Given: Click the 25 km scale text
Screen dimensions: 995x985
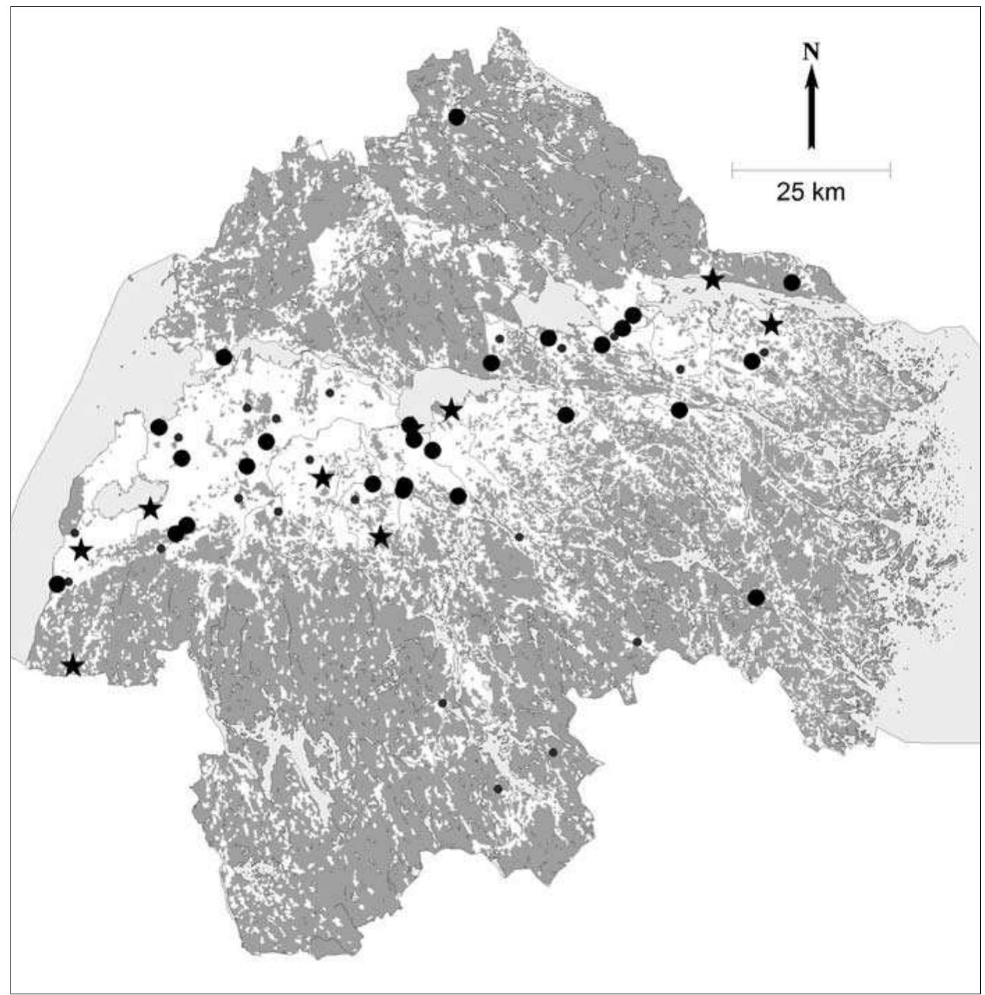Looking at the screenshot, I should [x=810, y=192].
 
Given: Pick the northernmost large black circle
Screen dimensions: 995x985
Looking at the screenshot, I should [x=456, y=117].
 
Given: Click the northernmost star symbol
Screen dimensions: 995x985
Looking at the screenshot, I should [x=712, y=280].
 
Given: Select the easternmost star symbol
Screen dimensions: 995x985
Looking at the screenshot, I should [x=770, y=325].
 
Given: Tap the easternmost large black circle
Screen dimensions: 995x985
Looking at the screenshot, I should [x=791, y=282].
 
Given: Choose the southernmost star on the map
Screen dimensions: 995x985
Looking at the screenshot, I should [x=72, y=666].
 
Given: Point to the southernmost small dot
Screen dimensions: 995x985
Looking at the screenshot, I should [x=497, y=789].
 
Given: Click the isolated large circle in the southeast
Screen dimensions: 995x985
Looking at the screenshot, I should [x=756, y=598].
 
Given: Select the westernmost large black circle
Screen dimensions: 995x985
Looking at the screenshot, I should [x=57, y=584].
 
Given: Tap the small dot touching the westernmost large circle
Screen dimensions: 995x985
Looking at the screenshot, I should [x=68, y=582].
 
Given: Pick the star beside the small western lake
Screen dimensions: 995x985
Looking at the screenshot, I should [x=150, y=509].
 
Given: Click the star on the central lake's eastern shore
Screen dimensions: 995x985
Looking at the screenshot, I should [x=451, y=410].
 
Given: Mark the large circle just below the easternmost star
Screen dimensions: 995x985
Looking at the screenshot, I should [x=752, y=361].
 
